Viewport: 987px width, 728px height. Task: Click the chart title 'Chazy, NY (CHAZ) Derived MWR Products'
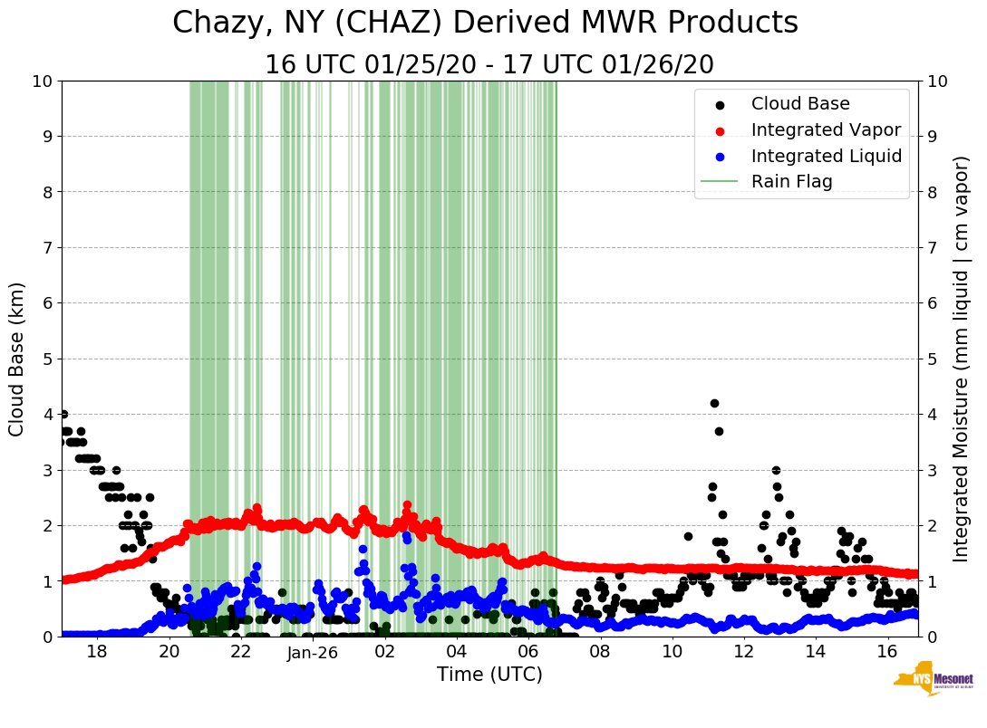[485, 24]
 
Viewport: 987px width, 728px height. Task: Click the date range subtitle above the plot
[489, 65]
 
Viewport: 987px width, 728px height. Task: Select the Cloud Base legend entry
[800, 104]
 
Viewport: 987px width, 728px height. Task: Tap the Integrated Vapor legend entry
[826, 130]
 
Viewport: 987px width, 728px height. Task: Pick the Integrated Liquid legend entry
[826, 156]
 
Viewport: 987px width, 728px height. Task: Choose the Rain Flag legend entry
[791, 182]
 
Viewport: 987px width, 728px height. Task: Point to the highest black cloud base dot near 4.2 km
[714, 403]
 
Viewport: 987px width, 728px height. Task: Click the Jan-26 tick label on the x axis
[313, 652]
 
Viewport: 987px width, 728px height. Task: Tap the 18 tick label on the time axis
[97, 652]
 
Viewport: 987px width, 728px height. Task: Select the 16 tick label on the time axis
[886, 652]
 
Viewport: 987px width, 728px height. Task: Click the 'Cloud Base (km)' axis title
[17, 359]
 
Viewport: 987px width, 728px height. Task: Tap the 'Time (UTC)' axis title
[489, 675]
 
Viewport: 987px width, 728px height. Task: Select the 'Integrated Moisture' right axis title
[963, 359]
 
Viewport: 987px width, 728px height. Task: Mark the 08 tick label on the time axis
[600, 652]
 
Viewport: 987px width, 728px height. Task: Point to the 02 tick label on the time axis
[384, 652]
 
